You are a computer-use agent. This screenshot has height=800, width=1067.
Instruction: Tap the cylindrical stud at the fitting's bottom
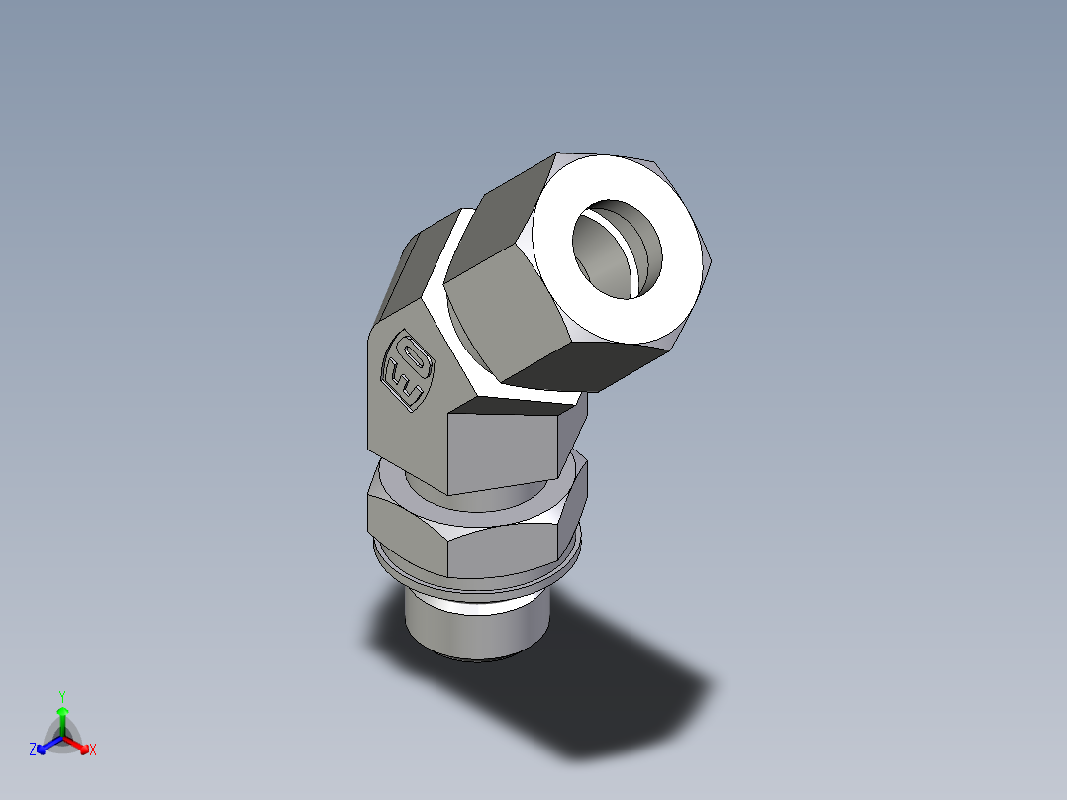click(476, 634)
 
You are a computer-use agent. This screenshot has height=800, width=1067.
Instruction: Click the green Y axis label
click(61, 695)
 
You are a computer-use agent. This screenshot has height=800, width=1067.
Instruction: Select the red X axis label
click(93, 750)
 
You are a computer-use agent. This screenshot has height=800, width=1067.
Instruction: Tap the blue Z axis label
click(33, 750)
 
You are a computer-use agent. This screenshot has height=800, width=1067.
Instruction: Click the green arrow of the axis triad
click(62, 718)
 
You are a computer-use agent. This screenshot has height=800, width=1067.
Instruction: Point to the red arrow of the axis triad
click(79, 744)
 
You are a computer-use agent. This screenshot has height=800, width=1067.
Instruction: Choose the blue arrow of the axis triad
click(46, 744)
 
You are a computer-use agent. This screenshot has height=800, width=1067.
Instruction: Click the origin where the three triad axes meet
click(62, 738)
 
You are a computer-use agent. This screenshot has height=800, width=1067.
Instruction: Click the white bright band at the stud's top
click(475, 604)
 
